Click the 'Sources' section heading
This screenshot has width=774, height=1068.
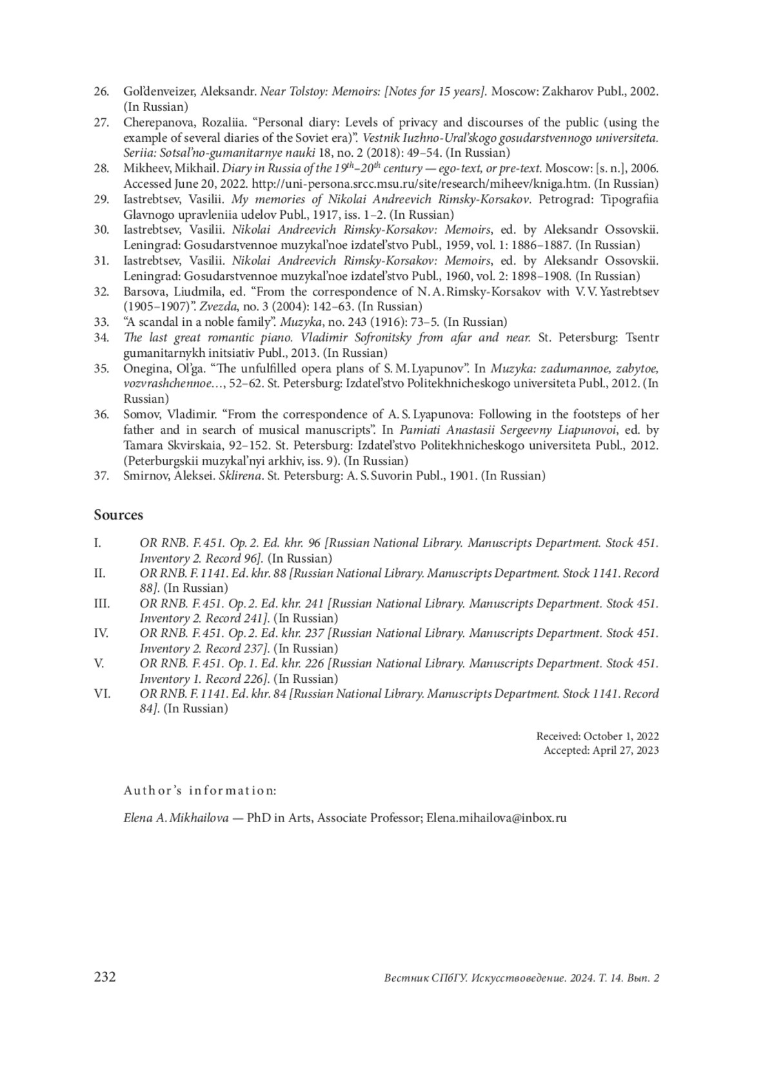118,515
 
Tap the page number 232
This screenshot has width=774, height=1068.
105,976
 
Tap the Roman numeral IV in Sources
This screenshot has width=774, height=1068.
101,633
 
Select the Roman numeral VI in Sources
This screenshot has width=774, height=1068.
101,694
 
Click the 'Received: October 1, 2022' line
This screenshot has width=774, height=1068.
597,736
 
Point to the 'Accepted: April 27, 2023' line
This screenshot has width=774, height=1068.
600,751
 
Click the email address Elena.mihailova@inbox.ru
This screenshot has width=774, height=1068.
496,818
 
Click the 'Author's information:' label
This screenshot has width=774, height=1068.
200,791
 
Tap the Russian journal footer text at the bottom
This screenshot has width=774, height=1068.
521,978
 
